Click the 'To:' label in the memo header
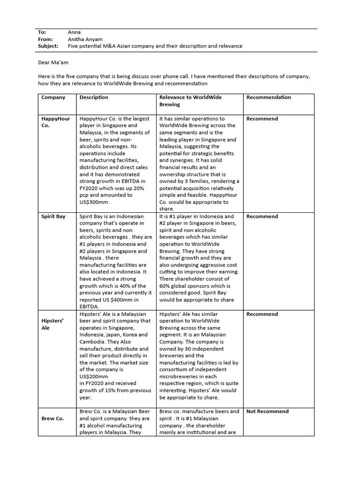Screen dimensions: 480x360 [42, 32]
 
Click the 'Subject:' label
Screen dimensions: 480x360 [48, 46]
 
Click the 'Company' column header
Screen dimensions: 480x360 [53, 97]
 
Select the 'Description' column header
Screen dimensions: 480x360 [94, 97]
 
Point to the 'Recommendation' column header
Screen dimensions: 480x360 [269, 97]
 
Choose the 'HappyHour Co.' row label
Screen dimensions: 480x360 [55, 122]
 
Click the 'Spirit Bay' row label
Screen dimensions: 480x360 [53, 217]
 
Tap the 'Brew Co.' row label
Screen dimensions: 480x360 [52, 418]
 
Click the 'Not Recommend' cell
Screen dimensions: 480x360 [267, 412]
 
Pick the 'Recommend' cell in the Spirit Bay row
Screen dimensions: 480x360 [262, 217]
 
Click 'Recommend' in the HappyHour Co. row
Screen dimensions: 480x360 [262, 119]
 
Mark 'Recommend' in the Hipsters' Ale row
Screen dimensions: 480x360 [262, 314]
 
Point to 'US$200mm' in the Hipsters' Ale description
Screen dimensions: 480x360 [94, 376]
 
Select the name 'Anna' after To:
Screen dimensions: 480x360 [74, 32]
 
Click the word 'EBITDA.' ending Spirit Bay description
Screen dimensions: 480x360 [90, 307]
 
